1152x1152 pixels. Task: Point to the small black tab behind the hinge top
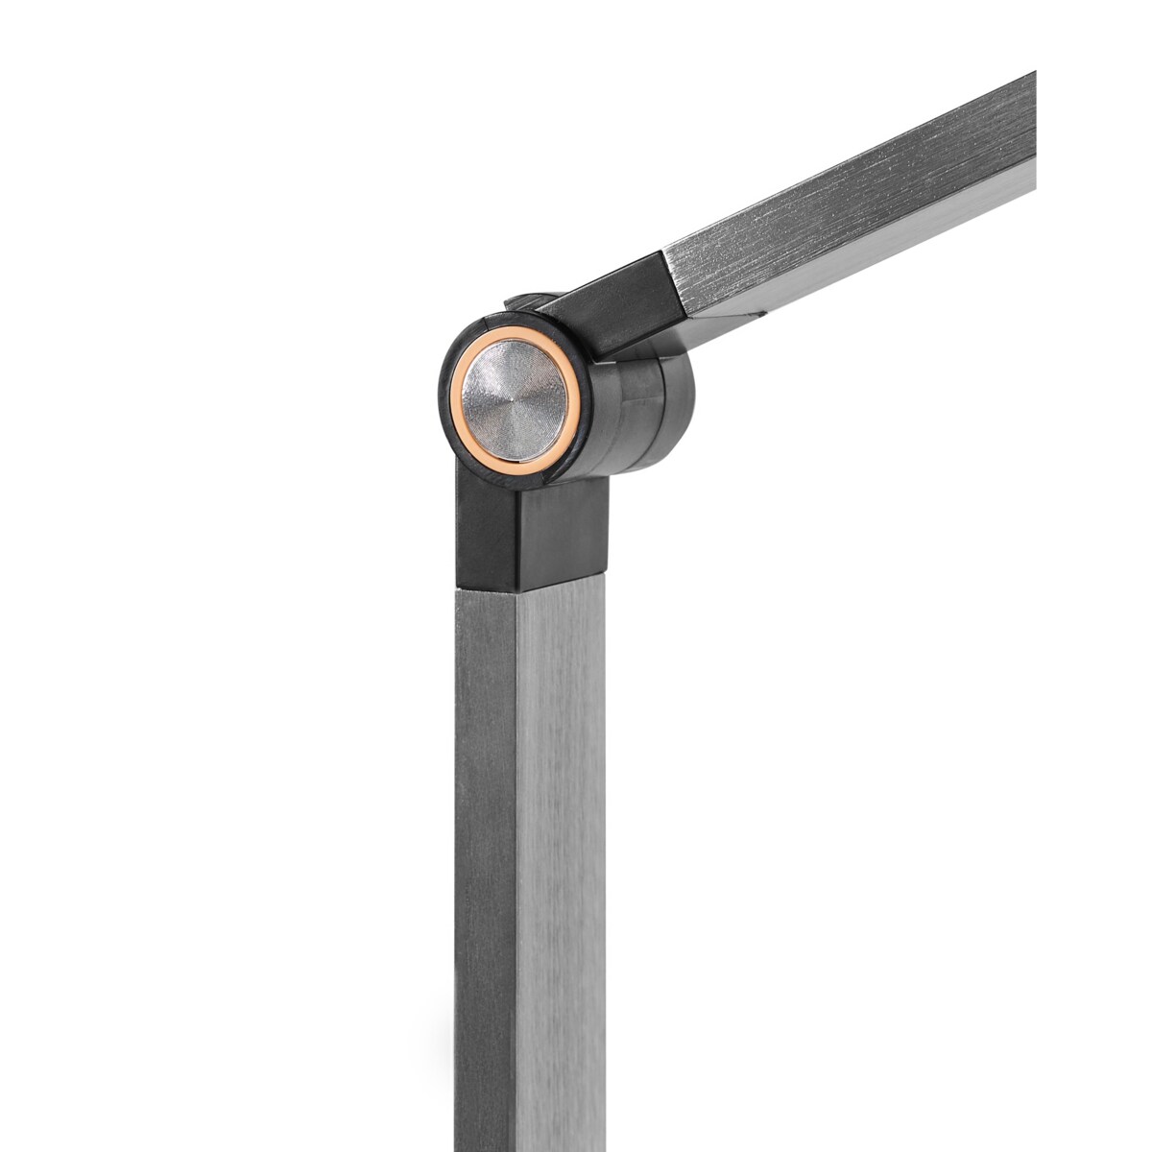(x=523, y=301)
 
